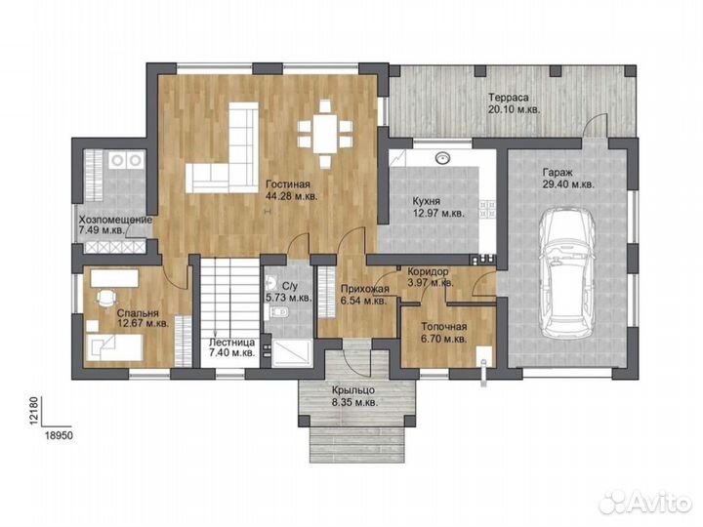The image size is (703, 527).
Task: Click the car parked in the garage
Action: [567, 274]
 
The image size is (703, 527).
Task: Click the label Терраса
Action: [509, 98]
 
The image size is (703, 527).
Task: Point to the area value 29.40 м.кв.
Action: [567, 184]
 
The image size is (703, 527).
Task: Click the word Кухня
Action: [426, 202]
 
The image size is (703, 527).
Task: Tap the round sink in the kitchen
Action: [443, 158]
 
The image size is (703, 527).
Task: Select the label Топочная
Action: [444, 327]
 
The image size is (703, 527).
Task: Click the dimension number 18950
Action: [59, 435]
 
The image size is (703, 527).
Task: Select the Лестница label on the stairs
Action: [231, 342]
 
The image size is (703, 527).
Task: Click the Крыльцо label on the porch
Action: [353, 390]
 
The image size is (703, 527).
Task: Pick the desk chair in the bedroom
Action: [106, 298]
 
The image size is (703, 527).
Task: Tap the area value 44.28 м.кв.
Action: [292, 196]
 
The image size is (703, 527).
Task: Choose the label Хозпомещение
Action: [115, 220]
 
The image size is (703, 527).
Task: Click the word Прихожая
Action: [365, 289]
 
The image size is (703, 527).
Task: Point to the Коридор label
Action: [428, 271]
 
